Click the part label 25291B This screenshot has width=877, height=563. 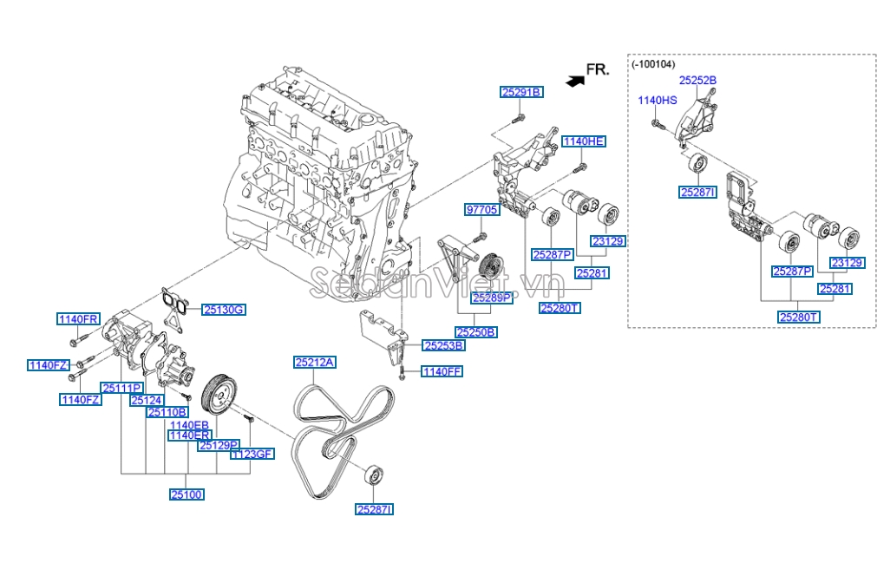coord(520,92)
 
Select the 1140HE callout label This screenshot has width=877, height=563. coord(583,141)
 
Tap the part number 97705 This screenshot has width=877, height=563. coord(481,210)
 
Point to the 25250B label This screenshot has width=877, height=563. coord(477,331)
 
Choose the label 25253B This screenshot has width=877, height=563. coord(443,345)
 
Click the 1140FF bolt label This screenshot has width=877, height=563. coord(442,371)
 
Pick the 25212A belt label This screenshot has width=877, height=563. coord(314,363)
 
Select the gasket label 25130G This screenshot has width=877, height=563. coord(224,309)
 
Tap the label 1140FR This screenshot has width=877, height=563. coord(79,318)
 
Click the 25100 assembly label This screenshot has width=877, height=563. coord(187,494)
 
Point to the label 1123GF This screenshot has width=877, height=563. coord(252,454)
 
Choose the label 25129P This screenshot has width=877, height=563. coord(219,445)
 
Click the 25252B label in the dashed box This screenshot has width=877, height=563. coord(697,80)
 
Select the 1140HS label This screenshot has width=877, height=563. coord(657,101)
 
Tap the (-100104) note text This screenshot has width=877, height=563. coord(653,64)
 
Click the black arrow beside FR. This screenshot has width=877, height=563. coord(573,80)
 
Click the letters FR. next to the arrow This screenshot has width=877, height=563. coord(599,69)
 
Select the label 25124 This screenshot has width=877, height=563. coord(146,400)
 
